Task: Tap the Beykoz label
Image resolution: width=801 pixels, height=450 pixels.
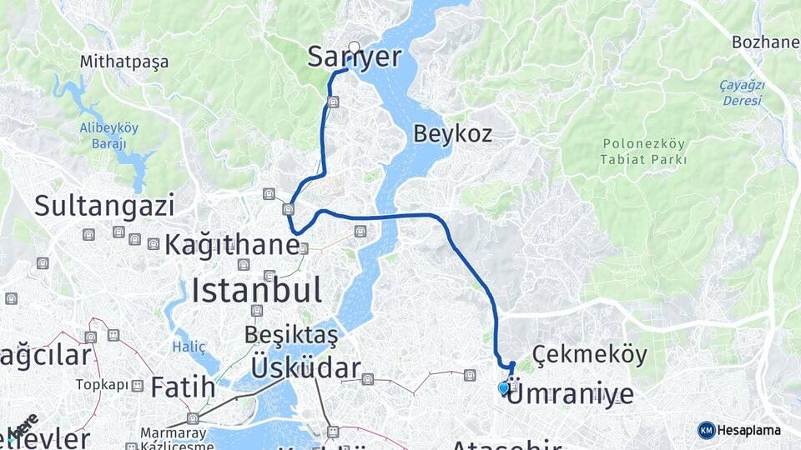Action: tap(452, 133)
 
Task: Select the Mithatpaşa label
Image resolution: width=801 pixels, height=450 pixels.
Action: tap(124, 62)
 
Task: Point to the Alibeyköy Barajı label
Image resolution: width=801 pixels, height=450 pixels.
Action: tap(108, 135)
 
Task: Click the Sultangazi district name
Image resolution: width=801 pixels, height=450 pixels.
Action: tap(104, 205)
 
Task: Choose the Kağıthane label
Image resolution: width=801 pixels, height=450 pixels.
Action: tap(231, 245)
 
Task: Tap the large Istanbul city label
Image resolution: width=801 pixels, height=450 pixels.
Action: tap(256, 291)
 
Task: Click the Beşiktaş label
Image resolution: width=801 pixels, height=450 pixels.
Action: tap(291, 335)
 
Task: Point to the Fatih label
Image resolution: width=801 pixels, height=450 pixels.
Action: tap(183, 387)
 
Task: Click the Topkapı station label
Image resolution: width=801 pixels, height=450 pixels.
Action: tap(103, 385)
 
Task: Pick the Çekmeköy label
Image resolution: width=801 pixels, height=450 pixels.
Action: tap(589, 354)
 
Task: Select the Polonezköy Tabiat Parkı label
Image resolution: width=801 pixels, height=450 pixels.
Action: tap(644, 151)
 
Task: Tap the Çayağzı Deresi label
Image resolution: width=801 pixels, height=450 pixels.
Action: tap(741, 92)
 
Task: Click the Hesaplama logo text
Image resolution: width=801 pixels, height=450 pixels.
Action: tap(748, 430)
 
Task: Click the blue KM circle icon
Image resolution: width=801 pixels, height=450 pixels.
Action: tap(706, 430)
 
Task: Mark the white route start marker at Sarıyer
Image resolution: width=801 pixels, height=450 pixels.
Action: tap(355, 47)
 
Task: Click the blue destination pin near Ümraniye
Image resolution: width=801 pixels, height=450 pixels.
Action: tap(503, 387)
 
